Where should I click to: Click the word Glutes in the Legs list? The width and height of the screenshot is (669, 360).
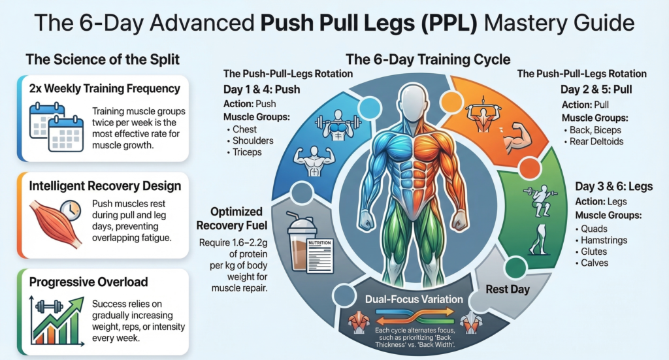pyautogui.click(x=594, y=252)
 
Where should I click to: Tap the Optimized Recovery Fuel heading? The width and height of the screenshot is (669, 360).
pyautogui.click(x=230, y=219)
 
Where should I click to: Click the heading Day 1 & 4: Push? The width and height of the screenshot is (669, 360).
pyautogui.click(x=261, y=89)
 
